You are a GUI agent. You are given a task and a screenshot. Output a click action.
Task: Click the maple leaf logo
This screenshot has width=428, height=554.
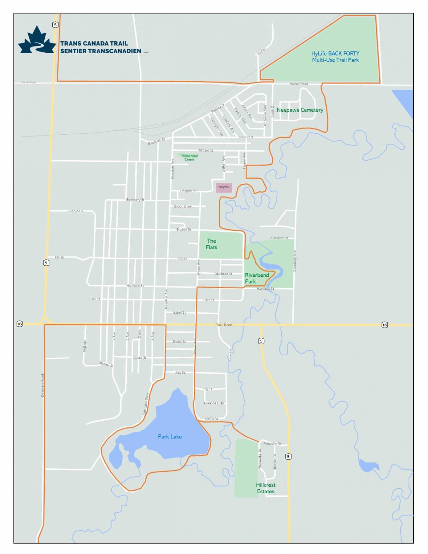click(x=37, y=40)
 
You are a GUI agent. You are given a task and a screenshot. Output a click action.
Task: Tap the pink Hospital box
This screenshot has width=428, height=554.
click(x=224, y=187)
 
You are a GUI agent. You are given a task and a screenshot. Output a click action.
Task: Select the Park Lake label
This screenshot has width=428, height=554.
click(x=170, y=437)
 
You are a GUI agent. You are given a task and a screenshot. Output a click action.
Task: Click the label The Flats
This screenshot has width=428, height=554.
click(x=211, y=244)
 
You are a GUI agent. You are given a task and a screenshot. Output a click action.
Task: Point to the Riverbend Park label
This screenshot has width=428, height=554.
click(x=256, y=278)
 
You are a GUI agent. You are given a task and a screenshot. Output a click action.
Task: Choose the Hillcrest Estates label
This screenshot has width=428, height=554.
click(x=266, y=488)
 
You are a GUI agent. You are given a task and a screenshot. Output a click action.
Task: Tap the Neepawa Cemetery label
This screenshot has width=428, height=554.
click(x=300, y=110)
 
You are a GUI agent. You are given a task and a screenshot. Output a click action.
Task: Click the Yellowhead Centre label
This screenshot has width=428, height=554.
click(x=189, y=158)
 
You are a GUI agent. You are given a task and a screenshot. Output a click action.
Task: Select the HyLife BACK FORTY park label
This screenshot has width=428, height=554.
click(x=335, y=57)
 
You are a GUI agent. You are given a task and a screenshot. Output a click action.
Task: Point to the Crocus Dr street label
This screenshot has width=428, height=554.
click(x=76, y=211)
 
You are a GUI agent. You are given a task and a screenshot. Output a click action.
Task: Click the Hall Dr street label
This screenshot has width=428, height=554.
click(x=262, y=52)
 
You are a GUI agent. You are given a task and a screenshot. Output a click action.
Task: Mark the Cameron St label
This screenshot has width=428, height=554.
click(x=279, y=238)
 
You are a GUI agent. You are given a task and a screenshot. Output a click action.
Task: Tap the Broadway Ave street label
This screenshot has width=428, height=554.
click(x=295, y=261)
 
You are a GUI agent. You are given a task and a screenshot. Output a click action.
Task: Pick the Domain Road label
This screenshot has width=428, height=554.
click(x=42, y=385)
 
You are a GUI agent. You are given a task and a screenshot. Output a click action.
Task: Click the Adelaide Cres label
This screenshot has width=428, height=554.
click(x=213, y=403)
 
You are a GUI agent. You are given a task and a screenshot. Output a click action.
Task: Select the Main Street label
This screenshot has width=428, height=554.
click(x=224, y=325)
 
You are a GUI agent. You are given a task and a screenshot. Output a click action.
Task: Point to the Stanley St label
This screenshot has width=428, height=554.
click(x=106, y=364)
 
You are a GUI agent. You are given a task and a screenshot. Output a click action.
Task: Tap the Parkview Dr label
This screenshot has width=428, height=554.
click(x=272, y=444)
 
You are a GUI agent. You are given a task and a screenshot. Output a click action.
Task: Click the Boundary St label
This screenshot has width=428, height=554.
click(x=135, y=199)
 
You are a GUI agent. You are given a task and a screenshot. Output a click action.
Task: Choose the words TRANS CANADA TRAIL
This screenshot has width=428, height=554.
click(x=94, y=43)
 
